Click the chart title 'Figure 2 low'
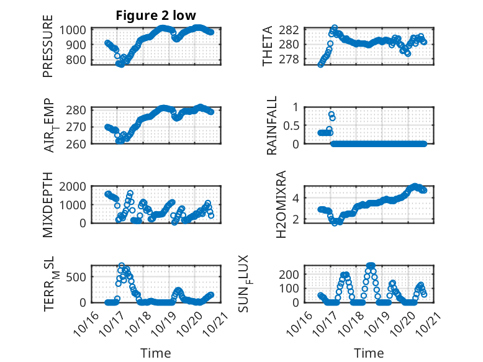156,16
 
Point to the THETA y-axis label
268,47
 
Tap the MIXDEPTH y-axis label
48,205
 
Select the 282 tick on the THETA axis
294,30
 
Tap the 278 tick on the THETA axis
294,60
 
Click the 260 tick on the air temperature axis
79,143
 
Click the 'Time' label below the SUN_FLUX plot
369,353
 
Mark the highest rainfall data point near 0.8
331,114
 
